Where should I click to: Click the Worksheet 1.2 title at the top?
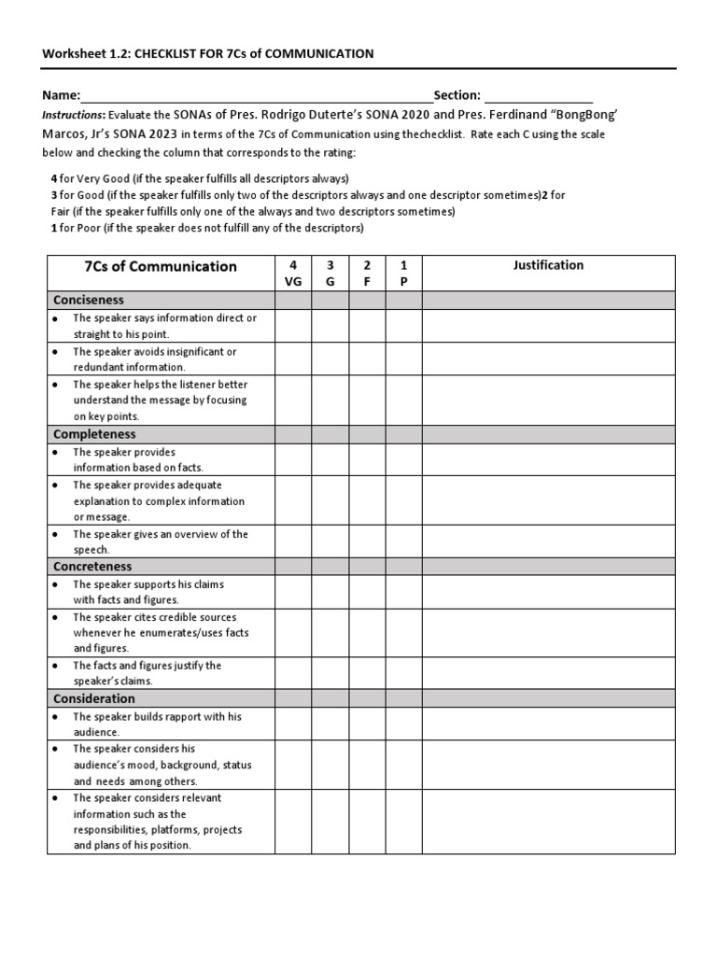[207, 53]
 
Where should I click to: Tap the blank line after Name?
[257, 95]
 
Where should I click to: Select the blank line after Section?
[538, 95]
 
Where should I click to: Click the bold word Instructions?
[72, 115]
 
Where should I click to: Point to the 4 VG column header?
[293, 274]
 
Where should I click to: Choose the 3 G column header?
[330, 274]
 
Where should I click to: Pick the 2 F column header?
[367, 274]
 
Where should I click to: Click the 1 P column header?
[403, 274]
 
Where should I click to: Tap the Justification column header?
[548, 265]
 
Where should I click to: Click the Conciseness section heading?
[89, 301]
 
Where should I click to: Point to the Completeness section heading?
[94, 434]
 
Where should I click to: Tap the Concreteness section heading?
[92, 567]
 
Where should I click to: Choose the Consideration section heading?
[94, 698]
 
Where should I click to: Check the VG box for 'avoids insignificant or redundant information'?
[293, 359]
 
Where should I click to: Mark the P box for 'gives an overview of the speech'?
[403, 542]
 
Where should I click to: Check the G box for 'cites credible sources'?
[330, 633]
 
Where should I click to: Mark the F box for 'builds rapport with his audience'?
[367, 724]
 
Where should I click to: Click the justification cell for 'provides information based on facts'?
[548, 460]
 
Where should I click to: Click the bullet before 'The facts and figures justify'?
[56, 667]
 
